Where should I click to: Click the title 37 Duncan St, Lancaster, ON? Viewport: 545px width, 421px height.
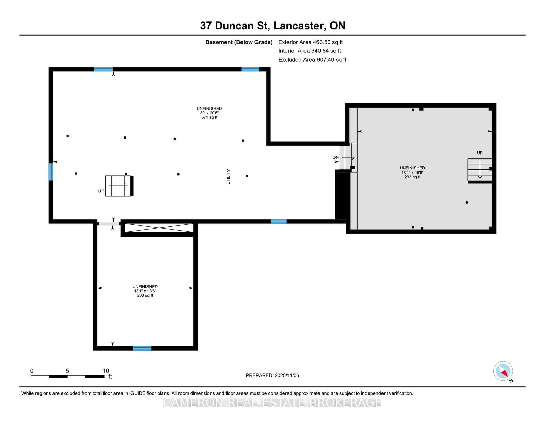pyautogui.click(x=272, y=26)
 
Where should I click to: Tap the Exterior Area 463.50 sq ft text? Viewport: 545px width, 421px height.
pyautogui.click(x=310, y=42)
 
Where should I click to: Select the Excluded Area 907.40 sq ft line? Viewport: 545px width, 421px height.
pyautogui.click(x=312, y=60)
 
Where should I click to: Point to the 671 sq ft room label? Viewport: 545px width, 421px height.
pyautogui.click(x=209, y=117)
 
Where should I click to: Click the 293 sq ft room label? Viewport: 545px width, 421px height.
pyautogui.click(x=412, y=177)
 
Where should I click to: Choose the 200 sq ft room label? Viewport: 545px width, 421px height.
pyautogui.click(x=145, y=295)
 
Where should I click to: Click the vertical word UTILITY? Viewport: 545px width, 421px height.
pyautogui.click(x=228, y=177)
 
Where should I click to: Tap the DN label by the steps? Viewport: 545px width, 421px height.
pyautogui.click(x=335, y=157)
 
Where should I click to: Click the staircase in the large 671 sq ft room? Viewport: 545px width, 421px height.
pyautogui.click(x=119, y=186)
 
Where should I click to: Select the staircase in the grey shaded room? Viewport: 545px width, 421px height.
pyautogui.click(x=480, y=169)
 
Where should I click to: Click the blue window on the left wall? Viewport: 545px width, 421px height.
pyautogui.click(x=51, y=172)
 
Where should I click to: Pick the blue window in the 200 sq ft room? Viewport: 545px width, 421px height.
pyautogui.click(x=142, y=348)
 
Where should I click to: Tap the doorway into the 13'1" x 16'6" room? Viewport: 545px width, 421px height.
pyautogui.click(x=109, y=224)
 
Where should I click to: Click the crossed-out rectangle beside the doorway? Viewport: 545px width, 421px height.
pyautogui.click(x=159, y=228)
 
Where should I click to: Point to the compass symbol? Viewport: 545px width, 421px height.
pyautogui.click(x=503, y=371)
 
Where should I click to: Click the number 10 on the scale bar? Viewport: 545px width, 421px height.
pyautogui.click(x=106, y=371)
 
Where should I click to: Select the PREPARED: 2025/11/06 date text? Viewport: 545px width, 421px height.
pyautogui.click(x=272, y=375)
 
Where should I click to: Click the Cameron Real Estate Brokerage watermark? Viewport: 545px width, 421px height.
pyautogui.click(x=272, y=403)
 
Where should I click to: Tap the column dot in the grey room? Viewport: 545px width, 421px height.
pyautogui.click(x=467, y=203)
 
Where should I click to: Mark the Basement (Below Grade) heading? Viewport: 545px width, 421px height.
pyautogui.click(x=239, y=42)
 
